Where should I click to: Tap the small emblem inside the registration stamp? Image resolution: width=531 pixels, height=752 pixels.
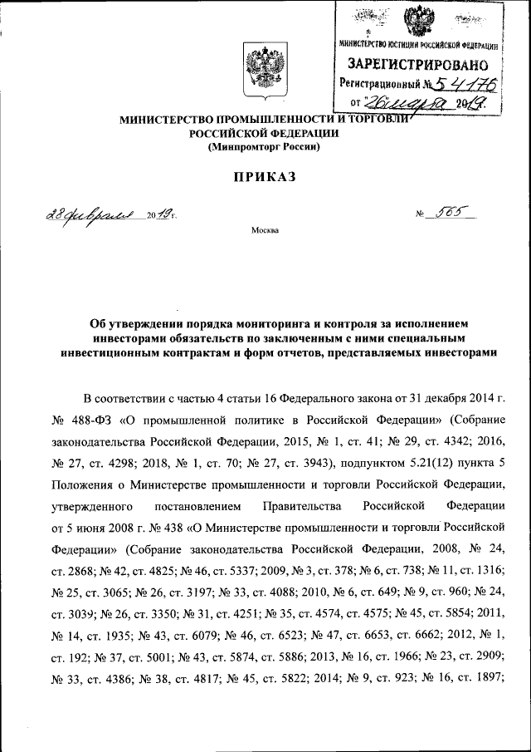coord(417,21)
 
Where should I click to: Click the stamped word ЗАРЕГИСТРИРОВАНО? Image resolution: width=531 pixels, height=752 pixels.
coord(417,63)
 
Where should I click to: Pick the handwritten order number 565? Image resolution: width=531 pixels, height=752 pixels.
coord(455,215)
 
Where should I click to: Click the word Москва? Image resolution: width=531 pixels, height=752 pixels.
coord(265,229)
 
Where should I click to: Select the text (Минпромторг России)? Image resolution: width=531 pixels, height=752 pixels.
coord(263,147)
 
